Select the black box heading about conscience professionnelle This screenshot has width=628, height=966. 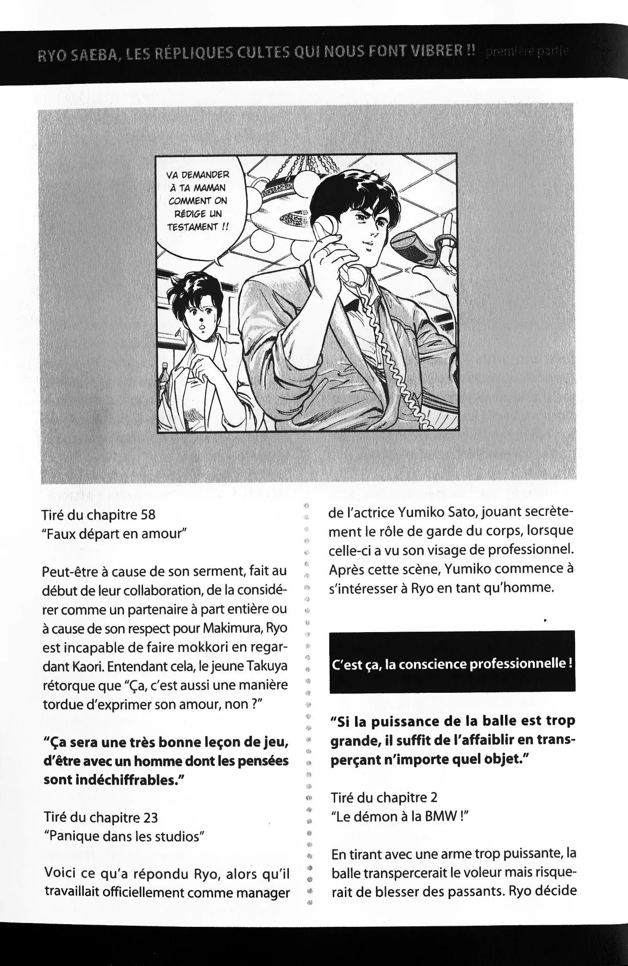coord(453,664)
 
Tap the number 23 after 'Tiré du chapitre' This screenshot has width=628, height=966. coord(150,817)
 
